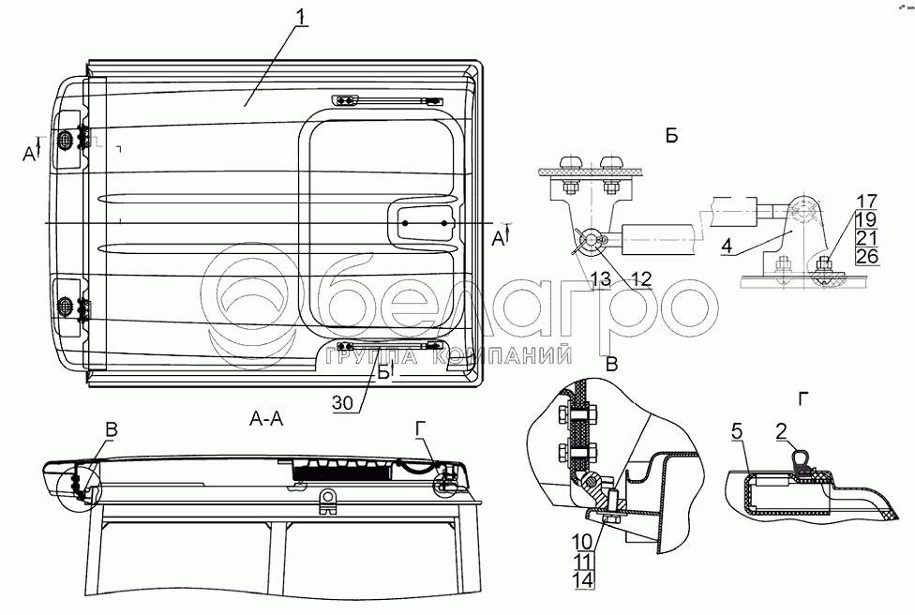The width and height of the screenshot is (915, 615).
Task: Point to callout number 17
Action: [x=866, y=201]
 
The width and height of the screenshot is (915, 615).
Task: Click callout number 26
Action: [x=866, y=255]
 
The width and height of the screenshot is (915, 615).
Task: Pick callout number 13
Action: [x=599, y=279]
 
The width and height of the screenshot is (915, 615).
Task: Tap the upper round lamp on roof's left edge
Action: [x=67, y=140]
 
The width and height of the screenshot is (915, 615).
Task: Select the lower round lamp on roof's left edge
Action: [x=67, y=306]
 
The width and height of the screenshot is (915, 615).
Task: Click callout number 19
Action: [x=866, y=218]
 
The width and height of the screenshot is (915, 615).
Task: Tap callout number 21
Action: [x=866, y=237]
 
